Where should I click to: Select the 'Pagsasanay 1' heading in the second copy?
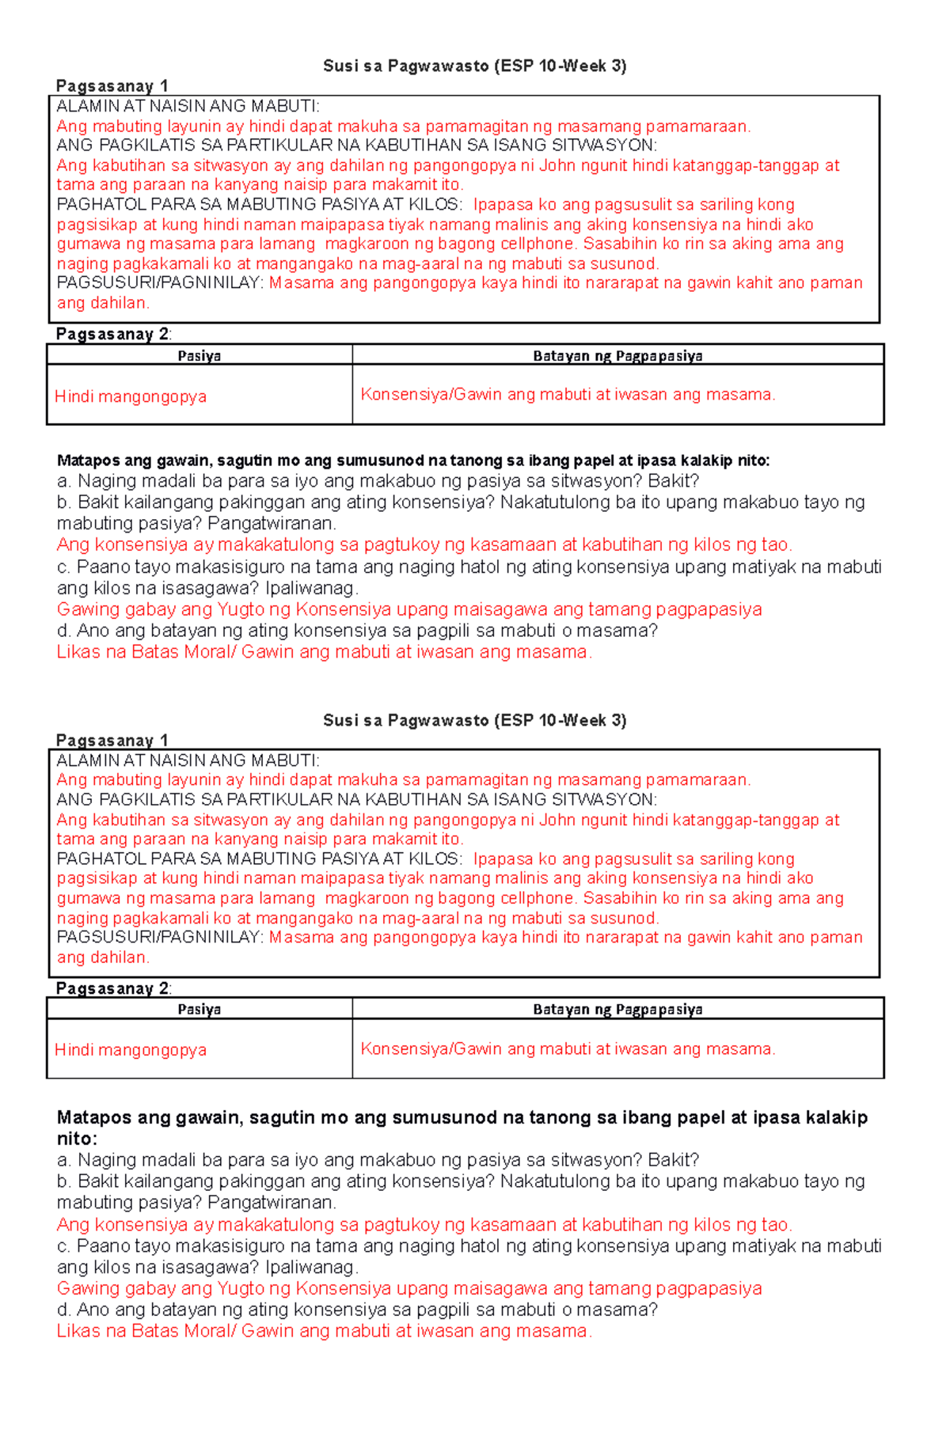click(x=112, y=741)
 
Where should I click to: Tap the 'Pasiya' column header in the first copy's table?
click(x=199, y=356)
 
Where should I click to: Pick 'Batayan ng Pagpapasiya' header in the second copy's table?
click(x=617, y=1010)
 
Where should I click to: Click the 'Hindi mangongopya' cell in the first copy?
click(x=131, y=397)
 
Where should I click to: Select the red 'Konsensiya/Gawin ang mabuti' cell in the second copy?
click(x=568, y=1049)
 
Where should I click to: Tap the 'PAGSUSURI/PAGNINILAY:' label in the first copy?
click(x=160, y=283)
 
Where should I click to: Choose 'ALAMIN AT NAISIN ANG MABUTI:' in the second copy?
click(x=188, y=761)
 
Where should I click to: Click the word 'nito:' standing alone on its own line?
click(x=77, y=1139)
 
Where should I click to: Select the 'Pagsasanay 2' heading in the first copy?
click(x=112, y=335)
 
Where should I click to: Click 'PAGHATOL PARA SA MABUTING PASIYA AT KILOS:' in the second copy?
click(x=259, y=859)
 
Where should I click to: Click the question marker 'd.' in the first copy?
click(x=64, y=631)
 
